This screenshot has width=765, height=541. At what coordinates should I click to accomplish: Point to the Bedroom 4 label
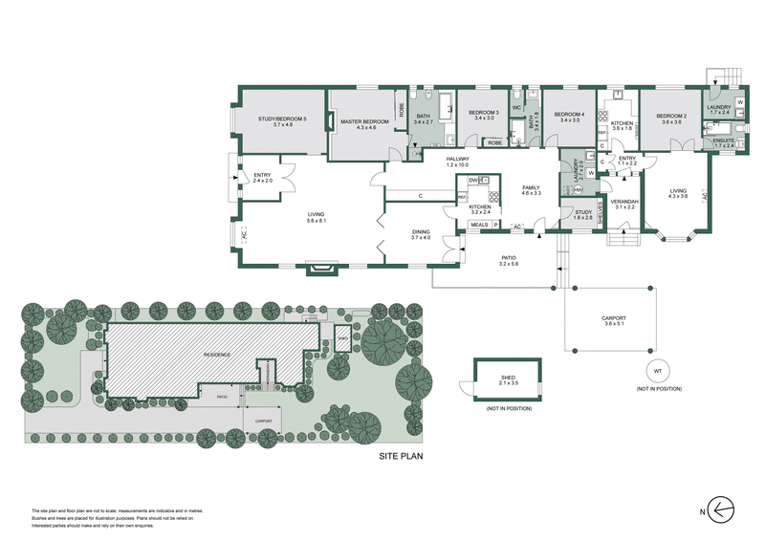569,116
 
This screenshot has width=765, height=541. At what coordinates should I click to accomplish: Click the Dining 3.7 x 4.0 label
421,234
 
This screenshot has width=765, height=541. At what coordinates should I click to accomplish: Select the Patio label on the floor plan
509,260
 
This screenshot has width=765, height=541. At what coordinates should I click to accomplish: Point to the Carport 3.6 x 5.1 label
613,320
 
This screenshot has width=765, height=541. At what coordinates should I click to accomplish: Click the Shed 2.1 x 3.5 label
508,379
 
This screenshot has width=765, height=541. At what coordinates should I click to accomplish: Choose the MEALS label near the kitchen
479,226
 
